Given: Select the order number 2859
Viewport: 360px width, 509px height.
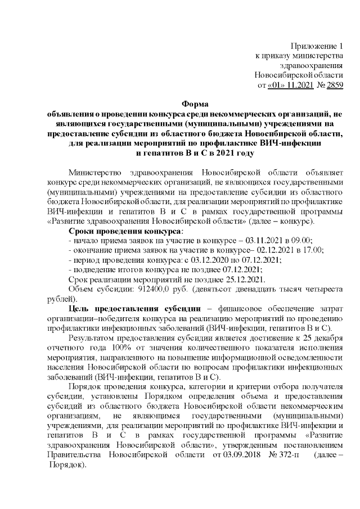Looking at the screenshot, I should (334, 85).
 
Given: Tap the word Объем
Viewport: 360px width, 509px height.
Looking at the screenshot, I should (81, 291).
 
